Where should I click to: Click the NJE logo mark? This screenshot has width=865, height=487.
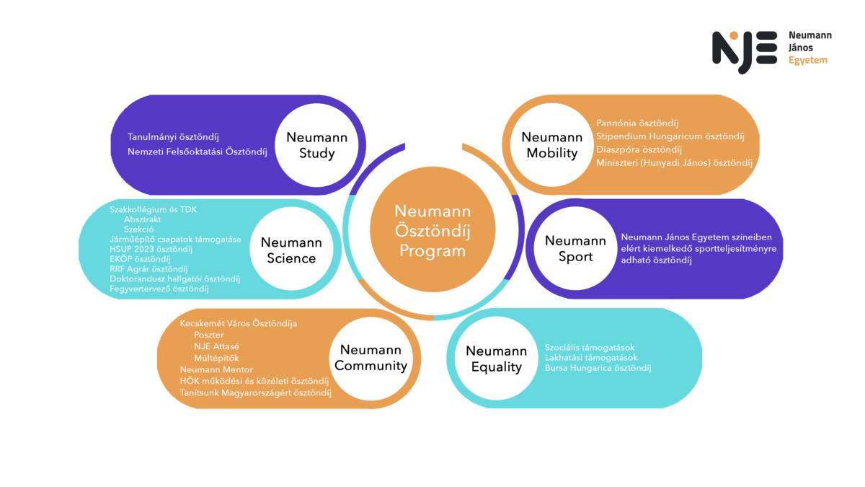tap(745, 51)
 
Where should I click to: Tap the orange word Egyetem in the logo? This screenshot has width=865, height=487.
tap(808, 61)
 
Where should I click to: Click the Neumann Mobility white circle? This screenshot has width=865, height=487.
tap(551, 145)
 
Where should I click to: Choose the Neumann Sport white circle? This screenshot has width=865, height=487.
tap(575, 248)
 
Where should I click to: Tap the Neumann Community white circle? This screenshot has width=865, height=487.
tap(371, 358)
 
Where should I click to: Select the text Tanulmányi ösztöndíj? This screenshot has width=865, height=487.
tap(173, 136)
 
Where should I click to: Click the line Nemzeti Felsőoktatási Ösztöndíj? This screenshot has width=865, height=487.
tap(198, 152)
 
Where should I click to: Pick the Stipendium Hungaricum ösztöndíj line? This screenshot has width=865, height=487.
tap(670, 136)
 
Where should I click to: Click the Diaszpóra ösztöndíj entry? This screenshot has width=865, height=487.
tap(639, 149)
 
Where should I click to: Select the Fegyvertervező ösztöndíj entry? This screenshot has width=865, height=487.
tap(159, 289)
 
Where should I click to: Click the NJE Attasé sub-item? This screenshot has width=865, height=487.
tap(216, 346)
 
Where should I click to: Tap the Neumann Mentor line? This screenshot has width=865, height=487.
tap(216, 369)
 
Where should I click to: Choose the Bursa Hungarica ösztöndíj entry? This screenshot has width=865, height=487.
tap(598, 368)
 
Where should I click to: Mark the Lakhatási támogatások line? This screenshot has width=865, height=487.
tap(591, 358)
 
